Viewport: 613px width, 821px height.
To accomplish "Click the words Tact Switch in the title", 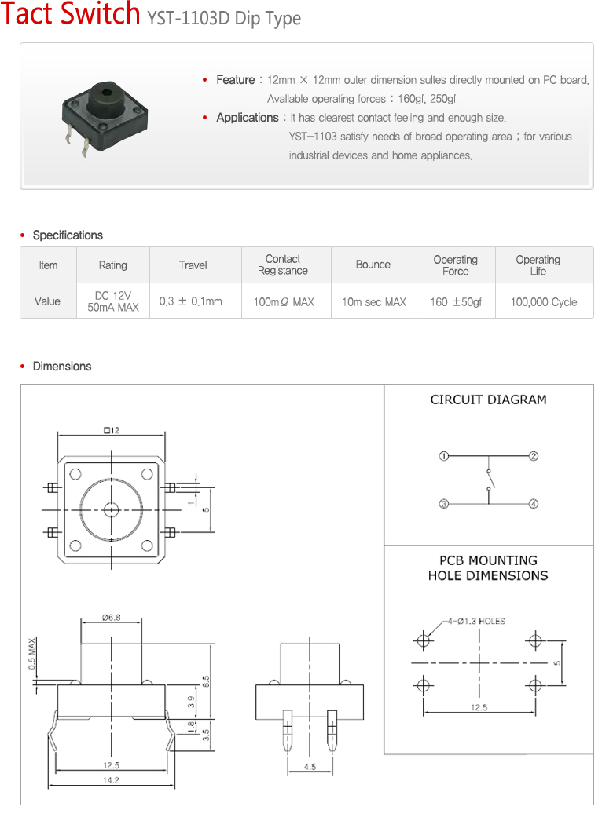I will tap(71, 15).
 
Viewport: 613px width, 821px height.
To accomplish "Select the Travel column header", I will tap(193, 265).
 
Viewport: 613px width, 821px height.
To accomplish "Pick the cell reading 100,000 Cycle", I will tap(544, 301).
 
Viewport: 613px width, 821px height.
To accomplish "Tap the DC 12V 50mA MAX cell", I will tap(112, 301).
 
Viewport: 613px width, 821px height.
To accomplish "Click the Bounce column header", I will tap(373, 265).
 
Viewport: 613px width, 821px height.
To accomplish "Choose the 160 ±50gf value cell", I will tap(456, 301).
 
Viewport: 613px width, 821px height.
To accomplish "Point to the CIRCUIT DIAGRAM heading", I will tap(488, 400).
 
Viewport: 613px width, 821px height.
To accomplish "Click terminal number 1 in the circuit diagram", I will tap(443, 456).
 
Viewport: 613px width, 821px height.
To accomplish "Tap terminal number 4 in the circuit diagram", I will tap(534, 504).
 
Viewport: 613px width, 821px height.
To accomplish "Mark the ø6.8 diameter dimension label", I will tap(111, 618).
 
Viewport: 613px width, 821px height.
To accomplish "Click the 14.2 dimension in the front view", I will tap(111, 780).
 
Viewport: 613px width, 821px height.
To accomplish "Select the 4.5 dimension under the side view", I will tap(310, 767).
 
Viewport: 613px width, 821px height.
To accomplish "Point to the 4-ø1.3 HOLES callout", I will tap(476, 621).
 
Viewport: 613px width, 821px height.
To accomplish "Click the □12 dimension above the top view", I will tap(111, 429).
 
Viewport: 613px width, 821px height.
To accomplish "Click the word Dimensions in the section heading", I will tap(62, 367).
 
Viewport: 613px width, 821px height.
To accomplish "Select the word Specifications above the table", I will tap(68, 235).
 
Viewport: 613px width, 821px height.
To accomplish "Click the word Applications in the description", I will tap(247, 118).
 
